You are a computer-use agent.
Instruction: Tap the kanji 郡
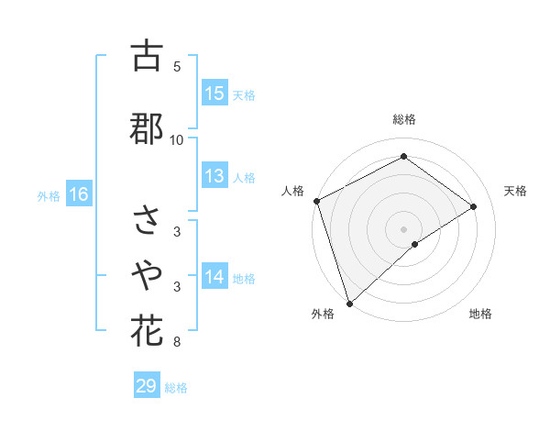tap(147, 128)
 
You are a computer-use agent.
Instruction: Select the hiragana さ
tap(147, 220)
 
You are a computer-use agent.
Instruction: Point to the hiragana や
tap(147, 272)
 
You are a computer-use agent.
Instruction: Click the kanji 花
tap(147, 330)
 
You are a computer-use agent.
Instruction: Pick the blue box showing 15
tap(214, 94)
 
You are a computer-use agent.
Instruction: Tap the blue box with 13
tap(214, 177)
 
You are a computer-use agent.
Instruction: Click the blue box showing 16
tap(79, 194)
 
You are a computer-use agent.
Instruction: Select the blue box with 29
tap(147, 386)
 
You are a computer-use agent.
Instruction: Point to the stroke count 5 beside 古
tap(177, 66)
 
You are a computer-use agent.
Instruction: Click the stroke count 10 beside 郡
tap(177, 139)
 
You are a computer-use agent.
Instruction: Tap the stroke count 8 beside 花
tap(177, 343)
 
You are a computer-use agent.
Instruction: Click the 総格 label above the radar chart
tap(404, 119)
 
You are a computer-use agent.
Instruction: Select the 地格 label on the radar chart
tap(480, 314)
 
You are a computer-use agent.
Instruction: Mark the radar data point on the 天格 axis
tap(474, 207)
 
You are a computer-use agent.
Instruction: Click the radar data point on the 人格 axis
tap(316, 201)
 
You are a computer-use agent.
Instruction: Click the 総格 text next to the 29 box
tap(176, 388)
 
